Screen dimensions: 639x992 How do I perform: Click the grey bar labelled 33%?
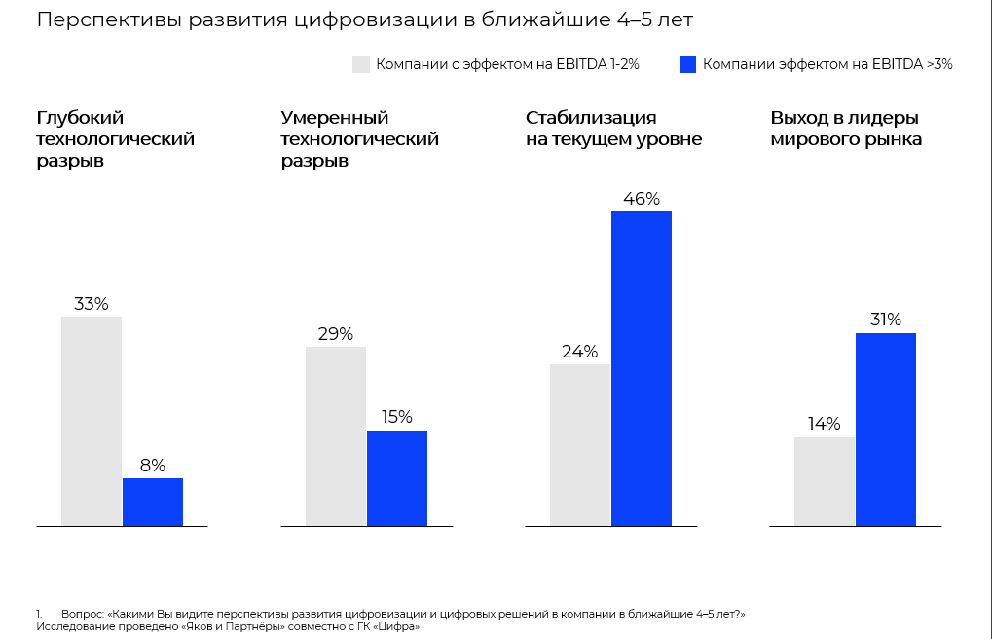coord(92,421)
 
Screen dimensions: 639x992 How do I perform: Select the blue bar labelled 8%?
coord(153,502)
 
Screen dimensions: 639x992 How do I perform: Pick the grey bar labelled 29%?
coord(336,435)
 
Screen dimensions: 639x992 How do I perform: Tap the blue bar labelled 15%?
coord(397,477)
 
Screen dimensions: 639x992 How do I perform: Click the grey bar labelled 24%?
coord(580,444)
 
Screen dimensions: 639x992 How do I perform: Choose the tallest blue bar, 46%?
coord(642,368)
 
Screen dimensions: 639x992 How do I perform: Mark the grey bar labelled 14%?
coord(825,481)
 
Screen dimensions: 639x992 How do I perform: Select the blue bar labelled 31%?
coord(886,429)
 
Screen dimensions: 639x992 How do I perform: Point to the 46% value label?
coord(642,199)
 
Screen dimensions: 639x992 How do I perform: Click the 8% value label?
coord(153,466)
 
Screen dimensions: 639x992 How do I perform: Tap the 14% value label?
coord(824,425)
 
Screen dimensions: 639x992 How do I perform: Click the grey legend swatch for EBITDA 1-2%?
coord(361,64)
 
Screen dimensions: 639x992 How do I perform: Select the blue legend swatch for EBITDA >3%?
coord(688,64)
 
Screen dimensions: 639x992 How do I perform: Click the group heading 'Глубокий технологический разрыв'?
coord(115,139)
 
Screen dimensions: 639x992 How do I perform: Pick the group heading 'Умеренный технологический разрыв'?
coord(359,139)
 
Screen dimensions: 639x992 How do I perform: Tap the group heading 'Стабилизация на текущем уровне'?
coord(613,129)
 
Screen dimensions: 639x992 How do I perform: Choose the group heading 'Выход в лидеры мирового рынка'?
coord(846,129)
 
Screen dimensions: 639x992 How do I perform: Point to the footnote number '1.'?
coord(39,614)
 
